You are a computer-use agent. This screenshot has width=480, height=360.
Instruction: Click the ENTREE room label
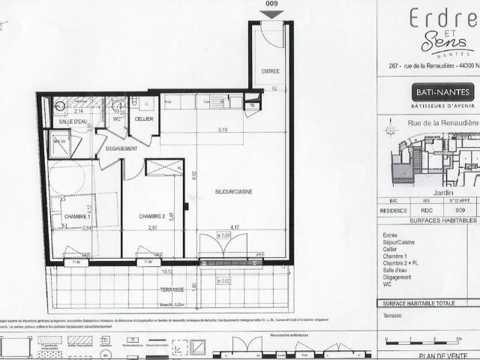click(x=271, y=71)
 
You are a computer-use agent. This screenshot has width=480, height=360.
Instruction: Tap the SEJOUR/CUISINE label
click(x=233, y=192)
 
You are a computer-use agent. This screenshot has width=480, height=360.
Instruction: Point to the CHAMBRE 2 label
click(x=152, y=217)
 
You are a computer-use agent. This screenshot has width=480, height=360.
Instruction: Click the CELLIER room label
click(x=144, y=119)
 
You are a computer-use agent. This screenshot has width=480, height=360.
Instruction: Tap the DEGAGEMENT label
click(x=121, y=149)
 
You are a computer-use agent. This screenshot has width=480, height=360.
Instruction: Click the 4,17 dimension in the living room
click(x=235, y=228)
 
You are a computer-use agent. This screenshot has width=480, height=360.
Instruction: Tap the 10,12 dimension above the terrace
click(x=166, y=272)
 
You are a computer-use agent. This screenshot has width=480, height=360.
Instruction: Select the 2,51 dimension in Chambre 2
click(x=154, y=228)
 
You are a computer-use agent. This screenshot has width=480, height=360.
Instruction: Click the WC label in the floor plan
click(x=117, y=119)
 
